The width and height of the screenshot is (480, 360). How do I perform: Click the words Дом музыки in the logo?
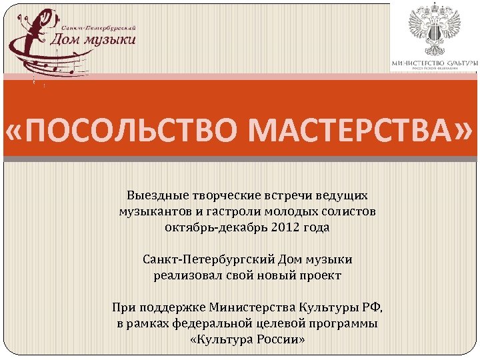94,40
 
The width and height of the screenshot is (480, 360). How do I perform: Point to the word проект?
315,275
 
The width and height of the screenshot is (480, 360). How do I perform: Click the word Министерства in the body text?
248,308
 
